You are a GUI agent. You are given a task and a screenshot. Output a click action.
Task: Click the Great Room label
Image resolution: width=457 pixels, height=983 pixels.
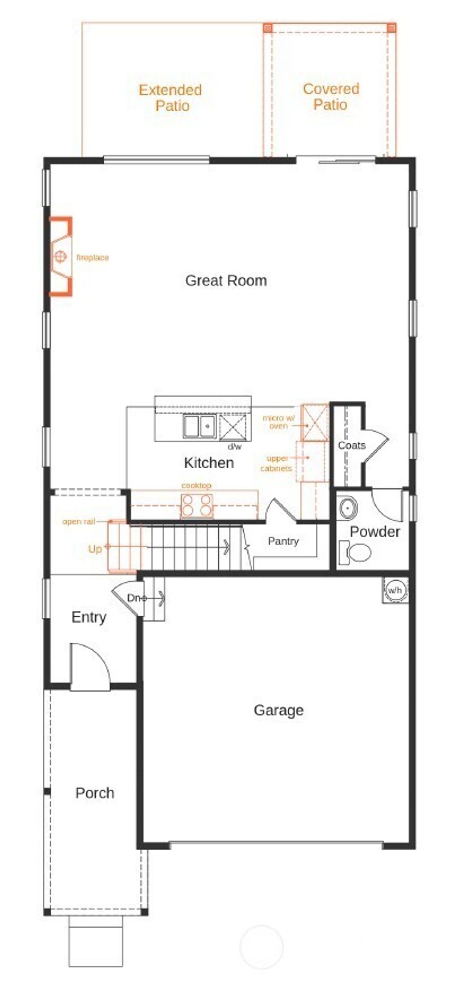click(x=226, y=281)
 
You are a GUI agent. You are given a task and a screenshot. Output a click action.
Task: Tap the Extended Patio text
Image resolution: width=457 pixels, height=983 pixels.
click(x=170, y=98)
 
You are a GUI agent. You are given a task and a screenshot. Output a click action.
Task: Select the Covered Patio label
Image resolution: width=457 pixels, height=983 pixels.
click(x=331, y=97)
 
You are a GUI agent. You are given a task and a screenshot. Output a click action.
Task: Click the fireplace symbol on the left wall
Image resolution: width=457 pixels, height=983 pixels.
click(x=61, y=257)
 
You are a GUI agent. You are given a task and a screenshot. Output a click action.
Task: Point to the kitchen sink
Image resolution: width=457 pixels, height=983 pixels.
click(x=199, y=426)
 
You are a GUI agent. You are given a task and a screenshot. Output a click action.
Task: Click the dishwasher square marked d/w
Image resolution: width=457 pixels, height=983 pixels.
click(x=233, y=427)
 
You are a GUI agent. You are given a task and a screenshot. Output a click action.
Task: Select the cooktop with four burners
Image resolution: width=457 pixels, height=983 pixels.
click(x=196, y=505)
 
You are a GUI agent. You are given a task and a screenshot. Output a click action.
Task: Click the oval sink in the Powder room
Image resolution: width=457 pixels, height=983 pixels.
click(x=347, y=508)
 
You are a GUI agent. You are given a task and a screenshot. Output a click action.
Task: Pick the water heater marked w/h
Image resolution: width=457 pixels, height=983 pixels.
click(x=395, y=590)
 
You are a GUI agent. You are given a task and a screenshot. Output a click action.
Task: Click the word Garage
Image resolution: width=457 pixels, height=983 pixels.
click(x=278, y=710)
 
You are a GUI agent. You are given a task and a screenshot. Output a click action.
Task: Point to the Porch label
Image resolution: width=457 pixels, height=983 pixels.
click(x=95, y=793)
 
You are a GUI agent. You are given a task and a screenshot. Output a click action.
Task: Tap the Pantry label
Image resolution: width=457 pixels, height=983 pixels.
click(x=283, y=541)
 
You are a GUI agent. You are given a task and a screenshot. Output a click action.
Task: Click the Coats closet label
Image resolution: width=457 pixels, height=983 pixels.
click(x=352, y=445)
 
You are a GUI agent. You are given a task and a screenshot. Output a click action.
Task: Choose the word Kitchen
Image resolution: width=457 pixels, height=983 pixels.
click(x=209, y=463)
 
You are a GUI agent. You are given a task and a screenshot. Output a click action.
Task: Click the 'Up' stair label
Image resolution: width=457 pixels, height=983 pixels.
click(x=95, y=549)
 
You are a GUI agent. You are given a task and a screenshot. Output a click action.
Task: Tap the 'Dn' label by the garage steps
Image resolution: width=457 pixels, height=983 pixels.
click(x=134, y=598)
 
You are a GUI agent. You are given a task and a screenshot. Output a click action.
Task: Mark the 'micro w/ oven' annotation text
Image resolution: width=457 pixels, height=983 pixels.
click(x=278, y=422)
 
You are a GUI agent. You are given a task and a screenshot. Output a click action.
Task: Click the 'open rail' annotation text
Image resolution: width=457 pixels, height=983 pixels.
click(x=79, y=521)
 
